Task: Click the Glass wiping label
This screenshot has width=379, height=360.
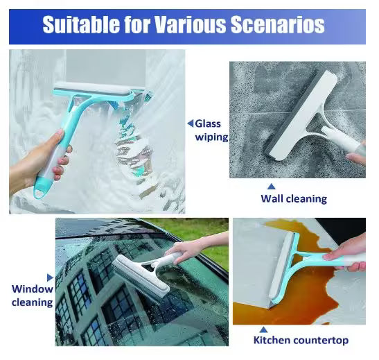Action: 211,130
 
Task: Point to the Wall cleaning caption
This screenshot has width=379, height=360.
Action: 293,198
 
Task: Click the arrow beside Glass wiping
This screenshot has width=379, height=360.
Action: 190,123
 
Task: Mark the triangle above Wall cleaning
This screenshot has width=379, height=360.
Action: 272,186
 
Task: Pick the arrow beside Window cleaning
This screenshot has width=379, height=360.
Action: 49,276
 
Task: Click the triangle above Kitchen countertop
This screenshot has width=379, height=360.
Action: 264,330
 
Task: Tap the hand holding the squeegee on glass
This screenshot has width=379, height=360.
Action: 42,165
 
